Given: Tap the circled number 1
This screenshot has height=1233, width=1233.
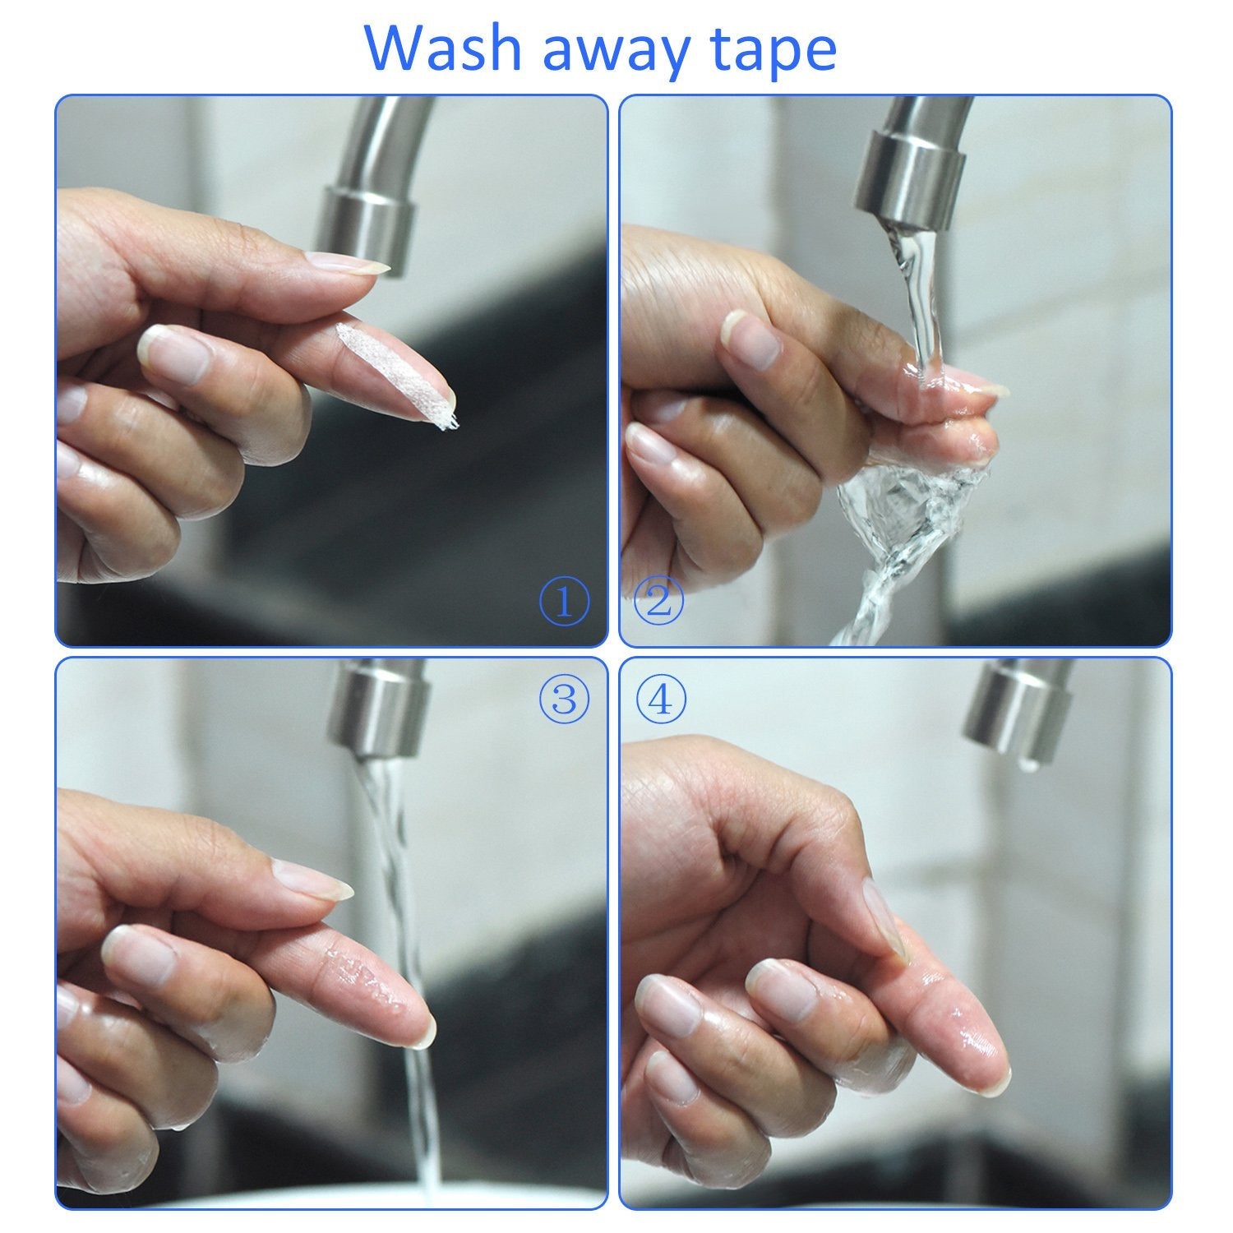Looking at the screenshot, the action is (564, 602).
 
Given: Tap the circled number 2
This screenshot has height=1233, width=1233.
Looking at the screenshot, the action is (659, 602).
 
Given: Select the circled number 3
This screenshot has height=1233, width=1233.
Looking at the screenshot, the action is (564, 699).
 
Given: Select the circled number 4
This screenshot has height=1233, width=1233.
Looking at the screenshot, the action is (659, 699).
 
